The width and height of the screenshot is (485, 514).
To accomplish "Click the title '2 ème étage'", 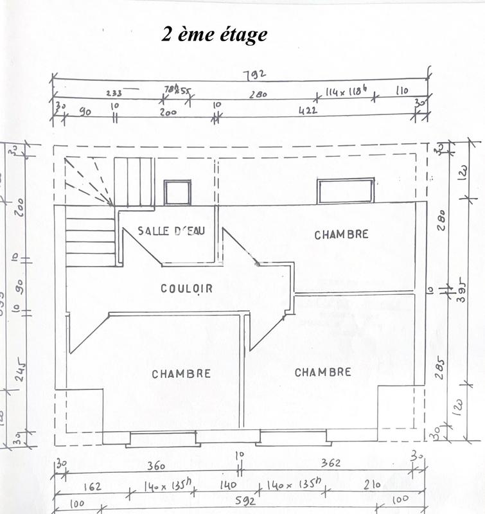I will (214, 34).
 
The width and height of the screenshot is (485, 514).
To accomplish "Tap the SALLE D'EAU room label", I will (172, 230).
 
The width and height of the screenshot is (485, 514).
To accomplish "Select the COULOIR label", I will (186, 288).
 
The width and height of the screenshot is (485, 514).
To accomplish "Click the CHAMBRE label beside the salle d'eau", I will (341, 235).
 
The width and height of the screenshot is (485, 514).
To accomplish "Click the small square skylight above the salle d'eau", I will (177, 193).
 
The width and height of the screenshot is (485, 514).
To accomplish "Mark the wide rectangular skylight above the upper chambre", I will (345, 191).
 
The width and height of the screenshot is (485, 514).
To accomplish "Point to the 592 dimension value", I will (245, 500).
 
